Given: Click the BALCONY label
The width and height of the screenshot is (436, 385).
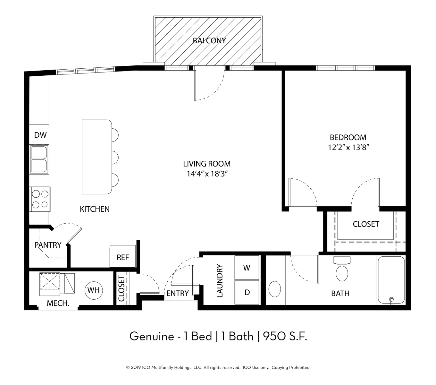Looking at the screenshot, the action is [209, 40].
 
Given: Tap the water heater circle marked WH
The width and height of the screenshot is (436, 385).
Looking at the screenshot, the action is [94, 290].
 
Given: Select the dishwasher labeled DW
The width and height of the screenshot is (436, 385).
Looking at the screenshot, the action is [39, 135].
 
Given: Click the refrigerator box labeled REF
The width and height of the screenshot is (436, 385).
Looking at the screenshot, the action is [123, 256].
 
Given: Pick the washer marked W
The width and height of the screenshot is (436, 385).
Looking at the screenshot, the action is [247, 268].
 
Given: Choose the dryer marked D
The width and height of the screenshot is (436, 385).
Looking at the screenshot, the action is [247, 292].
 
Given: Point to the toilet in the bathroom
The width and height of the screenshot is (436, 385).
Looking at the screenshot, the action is [342, 269].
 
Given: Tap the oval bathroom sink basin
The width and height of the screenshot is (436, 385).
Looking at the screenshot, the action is [275, 289].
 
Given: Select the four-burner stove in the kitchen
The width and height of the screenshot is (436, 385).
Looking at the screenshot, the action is [40, 199].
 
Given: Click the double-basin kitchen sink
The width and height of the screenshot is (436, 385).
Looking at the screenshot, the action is [39, 159].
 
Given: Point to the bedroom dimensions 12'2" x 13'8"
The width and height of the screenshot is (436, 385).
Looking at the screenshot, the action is [348, 148].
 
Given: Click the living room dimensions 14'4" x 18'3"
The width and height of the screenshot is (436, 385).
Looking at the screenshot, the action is [207, 174].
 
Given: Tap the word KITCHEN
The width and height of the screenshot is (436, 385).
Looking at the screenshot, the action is [95, 209].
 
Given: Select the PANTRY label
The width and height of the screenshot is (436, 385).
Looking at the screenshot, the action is [48, 245].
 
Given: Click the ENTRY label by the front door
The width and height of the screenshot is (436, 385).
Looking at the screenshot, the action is [178, 293].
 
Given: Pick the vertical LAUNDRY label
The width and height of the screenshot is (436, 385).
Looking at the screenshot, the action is [220, 281].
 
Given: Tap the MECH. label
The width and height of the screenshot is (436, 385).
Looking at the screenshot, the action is [58, 303].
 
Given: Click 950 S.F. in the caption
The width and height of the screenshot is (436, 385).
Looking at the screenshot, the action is [285, 336].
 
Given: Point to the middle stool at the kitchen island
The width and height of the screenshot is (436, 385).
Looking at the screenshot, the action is [115, 158].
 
